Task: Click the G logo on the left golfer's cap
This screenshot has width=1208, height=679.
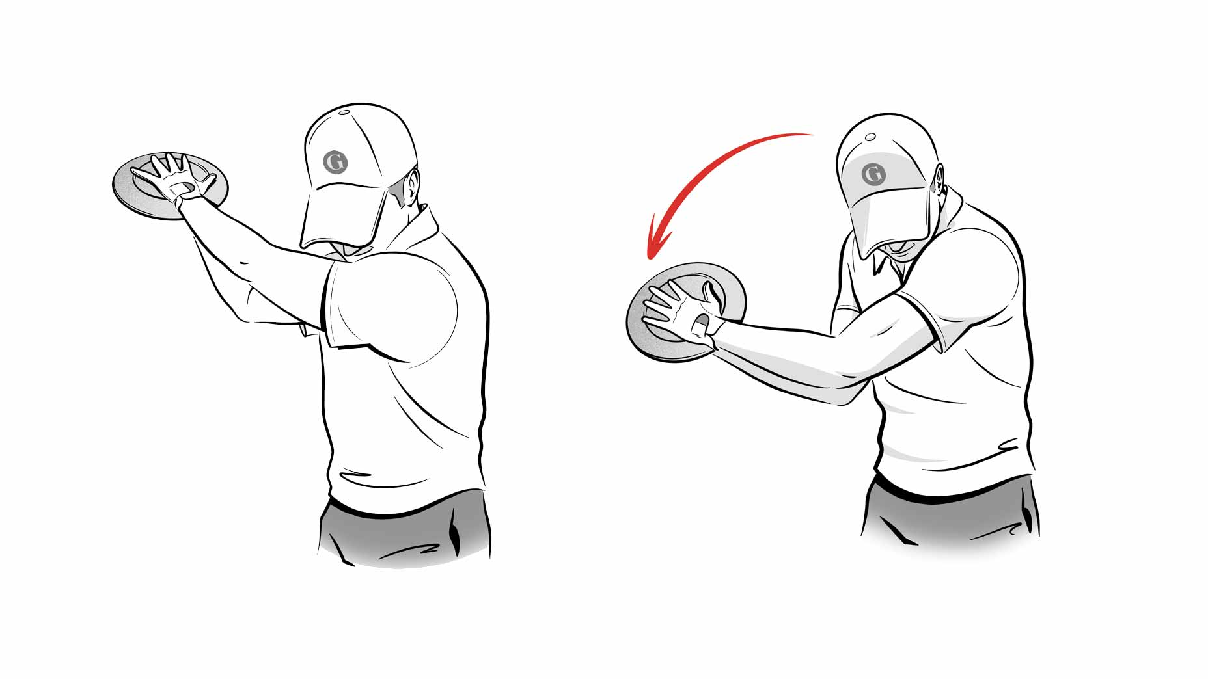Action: (336, 162)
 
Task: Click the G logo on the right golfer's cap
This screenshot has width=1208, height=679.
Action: (872, 174)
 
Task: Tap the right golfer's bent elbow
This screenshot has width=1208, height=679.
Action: (846, 390)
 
